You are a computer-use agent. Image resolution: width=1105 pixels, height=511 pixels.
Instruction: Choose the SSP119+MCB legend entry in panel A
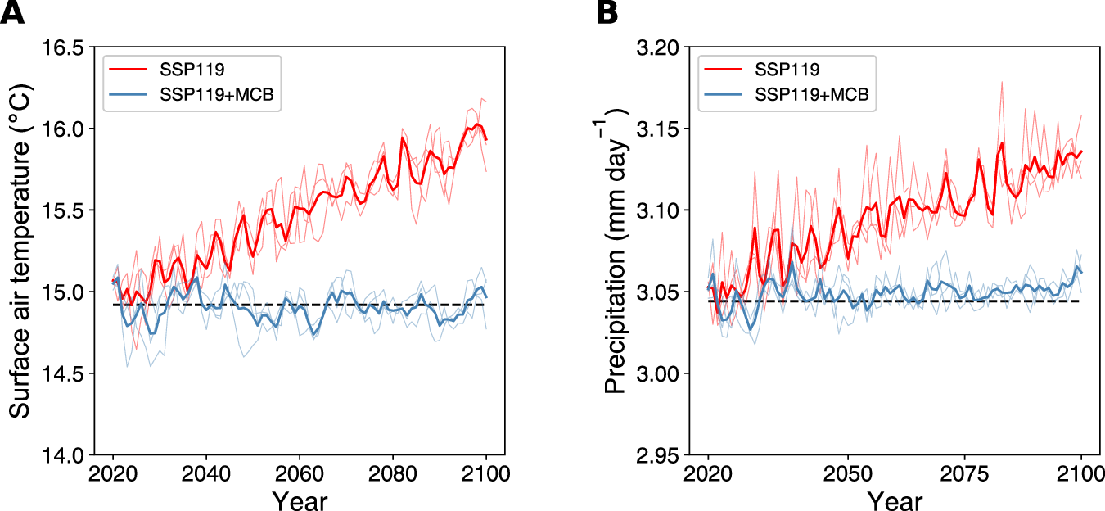tap(214, 97)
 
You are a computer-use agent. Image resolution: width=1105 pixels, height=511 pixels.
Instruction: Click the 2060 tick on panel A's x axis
tap(300, 475)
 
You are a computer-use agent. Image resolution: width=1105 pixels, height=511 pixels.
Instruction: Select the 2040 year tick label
tap(206, 475)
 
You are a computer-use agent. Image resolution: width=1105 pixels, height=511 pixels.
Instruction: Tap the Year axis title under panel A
tap(300, 500)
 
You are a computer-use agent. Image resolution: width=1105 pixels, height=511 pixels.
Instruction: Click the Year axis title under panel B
tap(895, 500)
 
